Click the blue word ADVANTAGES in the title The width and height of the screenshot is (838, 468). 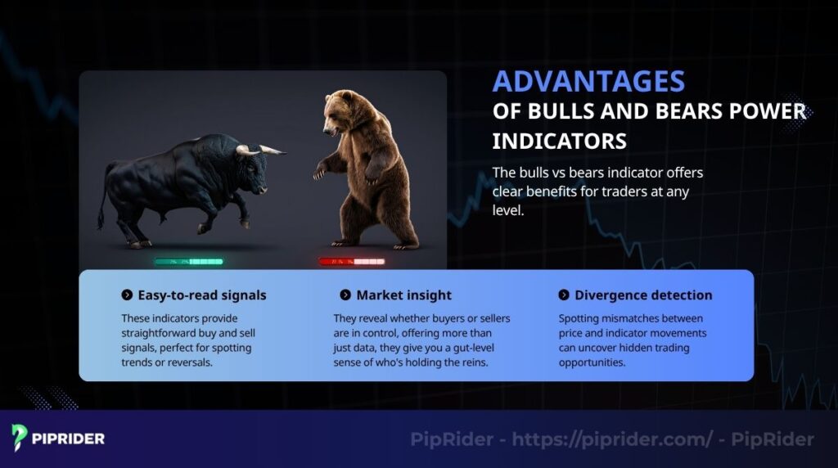pos(588,82)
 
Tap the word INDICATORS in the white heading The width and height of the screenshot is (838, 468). pos(559,140)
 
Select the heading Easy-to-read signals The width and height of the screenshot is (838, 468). pos(201,295)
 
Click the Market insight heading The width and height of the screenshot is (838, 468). pos(403,295)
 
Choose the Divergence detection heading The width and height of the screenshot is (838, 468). pos(643,295)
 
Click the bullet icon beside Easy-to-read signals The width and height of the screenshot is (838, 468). pos(127,295)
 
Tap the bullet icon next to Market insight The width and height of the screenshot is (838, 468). pos(345,295)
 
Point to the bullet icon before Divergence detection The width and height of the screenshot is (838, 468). pos(564,295)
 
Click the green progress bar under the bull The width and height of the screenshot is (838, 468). pos(189,262)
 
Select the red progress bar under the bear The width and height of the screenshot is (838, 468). pos(351,262)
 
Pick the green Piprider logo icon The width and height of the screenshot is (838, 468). pos(20,438)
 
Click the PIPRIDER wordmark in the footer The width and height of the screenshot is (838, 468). pos(69,439)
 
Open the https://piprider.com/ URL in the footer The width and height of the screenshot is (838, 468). pos(612,439)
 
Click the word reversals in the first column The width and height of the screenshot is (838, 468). pos(188,362)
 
